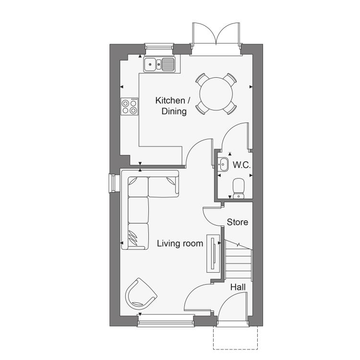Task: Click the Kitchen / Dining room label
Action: click(x=173, y=106)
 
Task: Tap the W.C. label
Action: click(x=241, y=165)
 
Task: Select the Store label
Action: click(x=238, y=222)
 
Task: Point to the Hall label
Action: click(x=238, y=287)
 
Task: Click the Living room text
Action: click(x=180, y=243)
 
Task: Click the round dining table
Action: click(x=216, y=94)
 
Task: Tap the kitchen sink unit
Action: click(x=159, y=64)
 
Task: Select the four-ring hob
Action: click(x=130, y=107)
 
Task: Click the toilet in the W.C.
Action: click(x=239, y=188)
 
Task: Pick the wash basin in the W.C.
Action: click(x=223, y=164)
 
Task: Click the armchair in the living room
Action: click(x=140, y=294)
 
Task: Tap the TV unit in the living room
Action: click(x=213, y=253)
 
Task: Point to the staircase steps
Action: click(x=238, y=260)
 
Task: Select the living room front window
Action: click(x=166, y=321)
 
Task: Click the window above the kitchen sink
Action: click(x=159, y=47)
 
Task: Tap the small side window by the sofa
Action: click(x=112, y=183)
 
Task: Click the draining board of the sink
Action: click(x=168, y=64)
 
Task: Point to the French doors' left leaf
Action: click(x=204, y=34)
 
